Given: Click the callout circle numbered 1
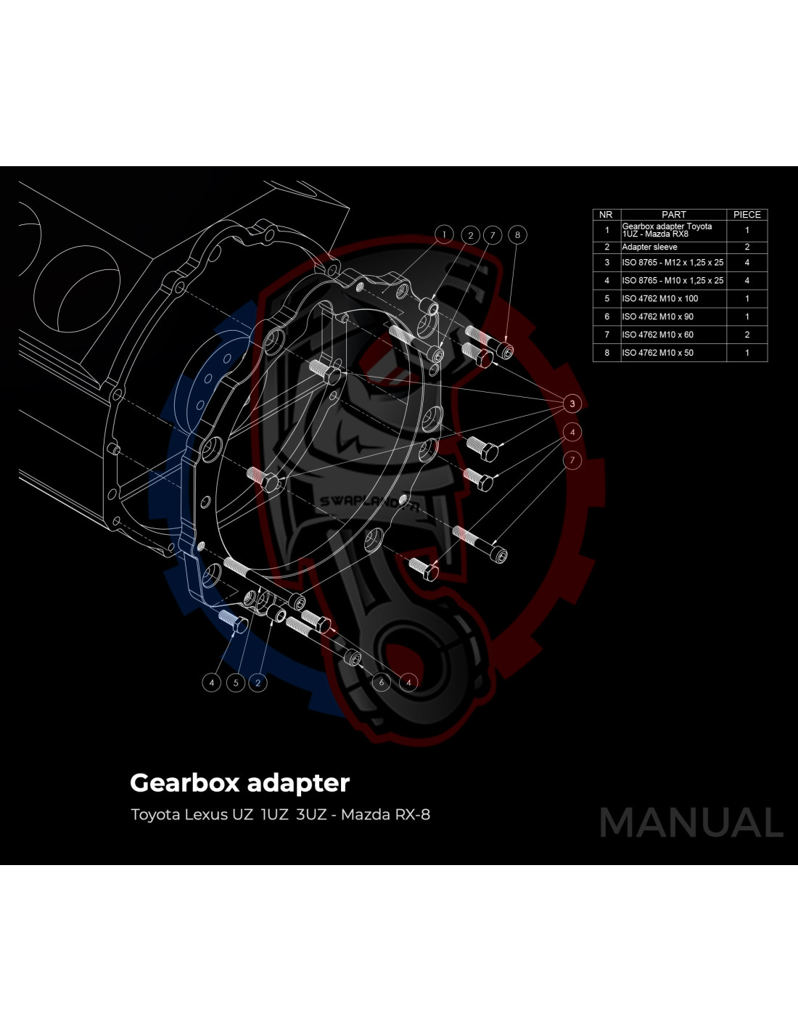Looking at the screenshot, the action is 444,234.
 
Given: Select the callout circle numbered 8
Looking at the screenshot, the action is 517,234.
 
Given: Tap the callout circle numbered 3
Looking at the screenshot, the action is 572,404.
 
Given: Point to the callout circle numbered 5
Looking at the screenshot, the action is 236,683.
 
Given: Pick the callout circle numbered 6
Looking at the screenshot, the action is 382,682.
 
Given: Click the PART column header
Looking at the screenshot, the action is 674,215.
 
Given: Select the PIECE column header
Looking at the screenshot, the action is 746,215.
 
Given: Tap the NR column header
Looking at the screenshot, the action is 606,215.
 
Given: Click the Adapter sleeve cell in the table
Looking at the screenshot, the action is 649,247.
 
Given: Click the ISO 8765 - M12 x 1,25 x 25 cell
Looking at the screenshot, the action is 672,263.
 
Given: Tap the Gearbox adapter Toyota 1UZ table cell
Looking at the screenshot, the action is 667,230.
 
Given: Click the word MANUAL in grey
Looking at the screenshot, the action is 691,823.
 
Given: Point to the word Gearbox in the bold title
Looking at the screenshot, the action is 185,783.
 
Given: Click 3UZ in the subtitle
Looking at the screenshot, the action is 311,814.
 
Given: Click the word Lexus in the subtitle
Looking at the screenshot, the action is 206,814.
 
